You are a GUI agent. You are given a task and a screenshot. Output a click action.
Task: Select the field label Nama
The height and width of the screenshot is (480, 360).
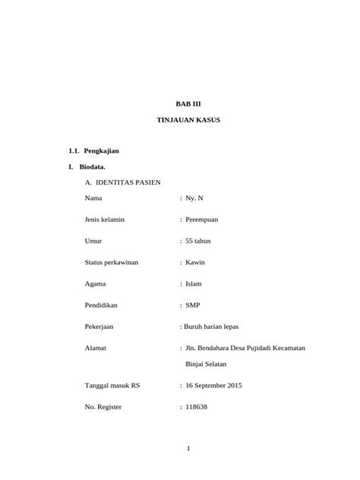(x=93, y=198)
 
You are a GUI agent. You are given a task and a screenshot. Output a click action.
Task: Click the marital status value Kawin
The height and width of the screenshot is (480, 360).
(x=195, y=263)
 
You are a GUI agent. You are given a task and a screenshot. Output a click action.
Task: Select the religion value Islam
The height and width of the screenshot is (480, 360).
(x=194, y=284)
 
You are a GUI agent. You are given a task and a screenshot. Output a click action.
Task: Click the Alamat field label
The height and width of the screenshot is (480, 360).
(x=95, y=348)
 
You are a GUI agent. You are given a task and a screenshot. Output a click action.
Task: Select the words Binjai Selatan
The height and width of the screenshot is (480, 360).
(x=210, y=364)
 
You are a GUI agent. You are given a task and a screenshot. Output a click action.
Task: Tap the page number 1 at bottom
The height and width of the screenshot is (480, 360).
(x=188, y=449)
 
